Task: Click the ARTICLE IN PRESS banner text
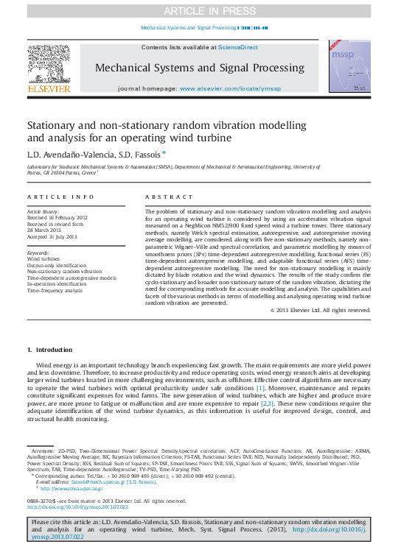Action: (200, 10)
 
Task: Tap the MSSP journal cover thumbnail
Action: (350, 66)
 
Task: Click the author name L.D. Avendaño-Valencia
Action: (71, 154)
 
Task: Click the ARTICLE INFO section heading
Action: (61, 197)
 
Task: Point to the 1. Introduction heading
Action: (50, 350)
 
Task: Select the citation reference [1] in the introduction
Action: (260, 387)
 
